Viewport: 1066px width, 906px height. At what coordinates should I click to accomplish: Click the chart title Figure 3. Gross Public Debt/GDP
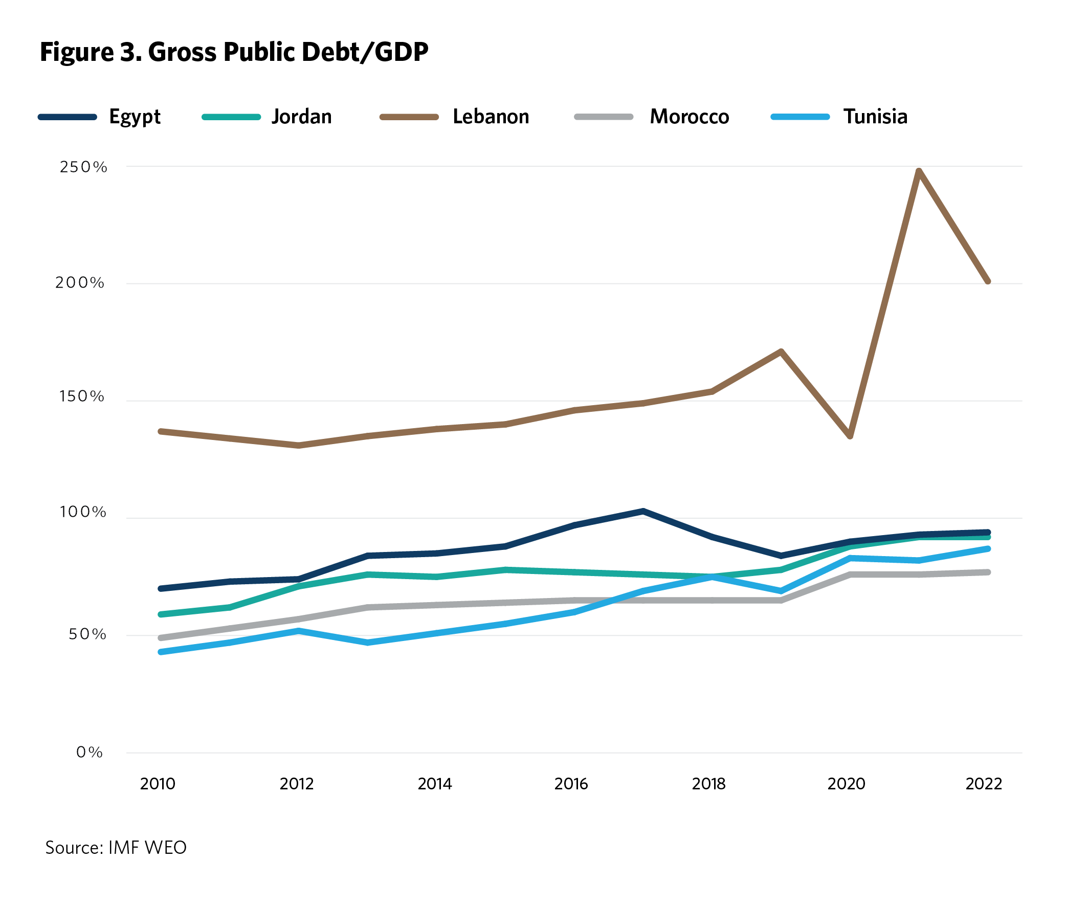[x=234, y=52]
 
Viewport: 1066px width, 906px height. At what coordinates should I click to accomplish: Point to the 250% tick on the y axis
[x=83, y=167]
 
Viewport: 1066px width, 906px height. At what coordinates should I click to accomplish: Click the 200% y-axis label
[x=80, y=282]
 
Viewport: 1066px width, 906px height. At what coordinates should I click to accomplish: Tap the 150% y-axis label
[x=82, y=396]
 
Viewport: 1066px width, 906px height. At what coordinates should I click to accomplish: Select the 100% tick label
[x=83, y=512]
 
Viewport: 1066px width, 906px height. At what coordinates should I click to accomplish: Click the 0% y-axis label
[x=90, y=752]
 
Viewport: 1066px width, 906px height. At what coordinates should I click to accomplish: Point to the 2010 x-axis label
[x=158, y=784]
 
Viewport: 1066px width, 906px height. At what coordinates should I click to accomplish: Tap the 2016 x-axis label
[x=571, y=784]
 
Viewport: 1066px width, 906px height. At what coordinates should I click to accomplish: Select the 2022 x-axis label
[x=984, y=784]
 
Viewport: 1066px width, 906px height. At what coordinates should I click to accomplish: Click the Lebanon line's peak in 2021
[x=919, y=171]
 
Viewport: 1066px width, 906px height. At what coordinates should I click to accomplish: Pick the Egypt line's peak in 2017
[x=643, y=511]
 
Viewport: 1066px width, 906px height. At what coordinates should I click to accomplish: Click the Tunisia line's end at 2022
[x=987, y=549]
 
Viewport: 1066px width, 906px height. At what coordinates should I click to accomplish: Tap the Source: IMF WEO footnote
[x=116, y=848]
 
